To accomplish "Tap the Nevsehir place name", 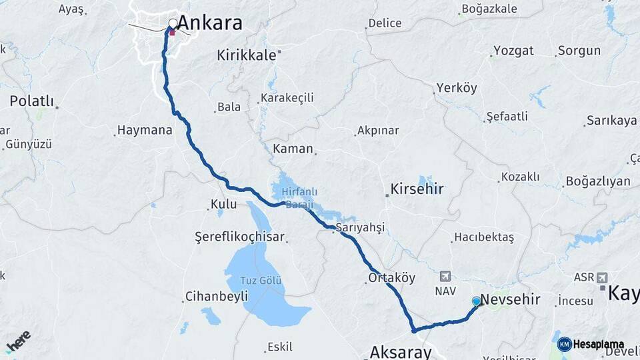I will (x=510, y=299).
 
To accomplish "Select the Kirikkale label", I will (x=246, y=56).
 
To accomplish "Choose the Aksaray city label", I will (x=400, y=352).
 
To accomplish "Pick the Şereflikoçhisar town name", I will (x=239, y=237).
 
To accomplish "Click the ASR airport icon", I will (x=602, y=277).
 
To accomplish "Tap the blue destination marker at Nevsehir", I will (x=476, y=301).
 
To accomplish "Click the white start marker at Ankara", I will (x=173, y=24).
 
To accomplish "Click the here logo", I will (x=19, y=341).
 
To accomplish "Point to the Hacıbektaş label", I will (x=483, y=237).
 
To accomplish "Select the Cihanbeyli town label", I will (x=216, y=295).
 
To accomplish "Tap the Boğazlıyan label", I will (x=597, y=181).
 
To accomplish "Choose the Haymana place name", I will (x=144, y=130).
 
